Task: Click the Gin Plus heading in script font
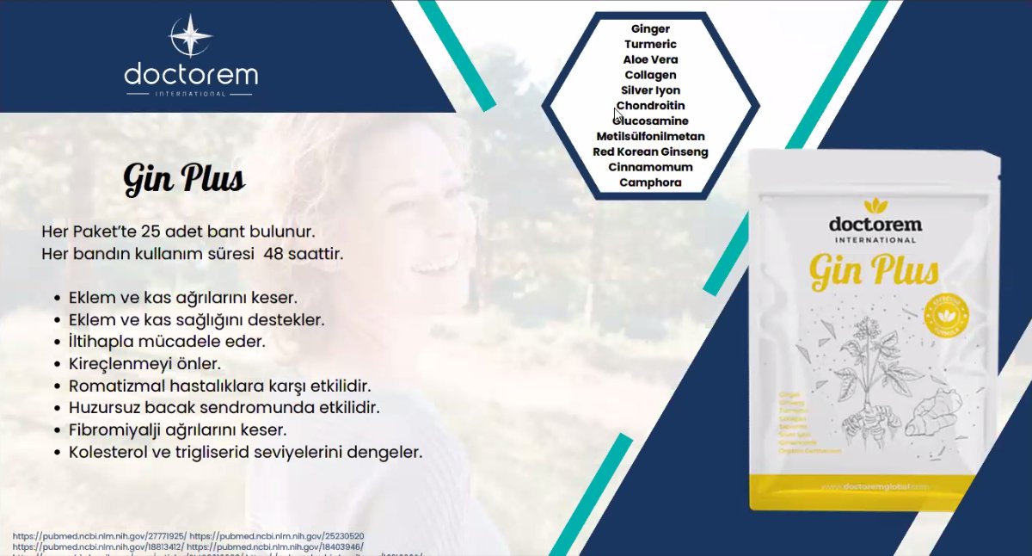pos(184,180)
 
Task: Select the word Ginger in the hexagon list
pos(650,29)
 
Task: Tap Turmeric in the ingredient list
pos(650,45)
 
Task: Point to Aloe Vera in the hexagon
pos(650,60)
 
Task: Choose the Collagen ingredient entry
pos(650,76)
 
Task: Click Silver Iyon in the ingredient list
pos(650,90)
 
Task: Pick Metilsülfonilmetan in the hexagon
pos(650,137)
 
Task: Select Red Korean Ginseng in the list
pos(650,152)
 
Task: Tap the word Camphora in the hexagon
pos(650,182)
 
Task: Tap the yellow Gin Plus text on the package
pos(874,273)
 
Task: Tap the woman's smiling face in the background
pos(404,215)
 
